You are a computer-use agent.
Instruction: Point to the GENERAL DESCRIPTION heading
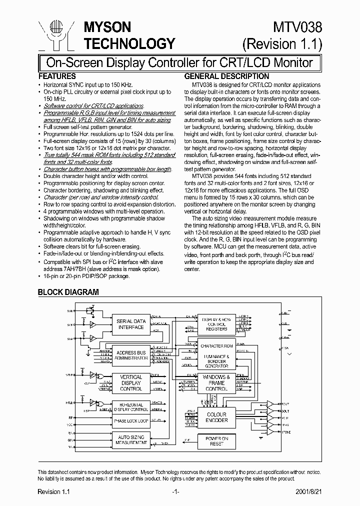pyautogui.click(x=227, y=76)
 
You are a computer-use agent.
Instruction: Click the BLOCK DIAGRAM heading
pyautogui.click(x=68, y=292)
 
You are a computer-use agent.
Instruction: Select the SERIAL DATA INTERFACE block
pyautogui.click(x=130, y=324)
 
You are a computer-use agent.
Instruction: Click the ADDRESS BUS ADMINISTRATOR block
pyautogui.click(x=130, y=354)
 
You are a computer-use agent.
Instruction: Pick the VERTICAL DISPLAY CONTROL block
pyautogui.click(x=130, y=382)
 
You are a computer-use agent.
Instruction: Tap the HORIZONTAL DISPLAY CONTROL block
pyautogui.click(x=130, y=407)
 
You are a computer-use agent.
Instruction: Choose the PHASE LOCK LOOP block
pyautogui.click(x=130, y=421)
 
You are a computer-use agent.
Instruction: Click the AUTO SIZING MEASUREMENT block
pyautogui.click(x=130, y=439)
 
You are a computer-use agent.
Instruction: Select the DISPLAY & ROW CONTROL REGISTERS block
pyautogui.click(x=216, y=323)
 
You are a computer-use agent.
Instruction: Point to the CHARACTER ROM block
pyautogui.click(x=216, y=346)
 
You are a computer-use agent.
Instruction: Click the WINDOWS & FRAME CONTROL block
pyautogui.click(x=216, y=382)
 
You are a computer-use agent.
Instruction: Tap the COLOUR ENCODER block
pyautogui.click(x=216, y=417)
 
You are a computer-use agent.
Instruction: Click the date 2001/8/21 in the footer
pyautogui.click(x=309, y=492)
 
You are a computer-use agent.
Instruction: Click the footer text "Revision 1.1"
pyautogui.click(x=53, y=492)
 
